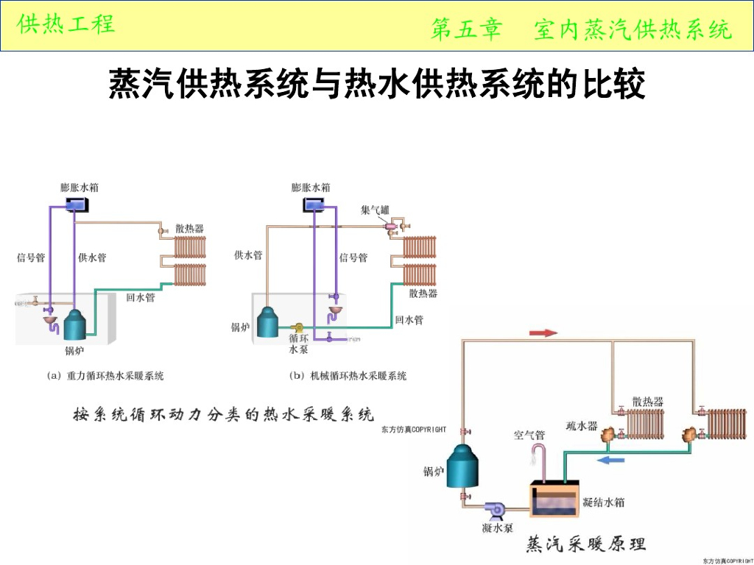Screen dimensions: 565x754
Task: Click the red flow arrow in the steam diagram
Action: pyautogui.click(x=544, y=333)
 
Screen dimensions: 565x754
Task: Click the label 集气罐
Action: pyautogui.click(x=375, y=210)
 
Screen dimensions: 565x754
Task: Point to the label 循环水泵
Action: pyautogui.click(x=298, y=344)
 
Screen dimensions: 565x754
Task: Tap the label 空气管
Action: pyautogui.click(x=529, y=436)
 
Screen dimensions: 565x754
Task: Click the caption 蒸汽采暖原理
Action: pyautogui.click(x=585, y=544)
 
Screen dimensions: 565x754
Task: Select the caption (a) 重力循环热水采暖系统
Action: pyautogui.click(x=105, y=376)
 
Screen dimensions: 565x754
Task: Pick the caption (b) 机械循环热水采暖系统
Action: pyautogui.click(x=348, y=376)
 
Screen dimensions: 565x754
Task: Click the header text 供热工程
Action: pyautogui.click(x=66, y=24)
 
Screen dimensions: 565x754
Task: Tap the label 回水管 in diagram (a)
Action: pyautogui.click(x=140, y=298)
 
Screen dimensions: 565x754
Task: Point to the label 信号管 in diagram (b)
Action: pyautogui.click(x=353, y=257)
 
